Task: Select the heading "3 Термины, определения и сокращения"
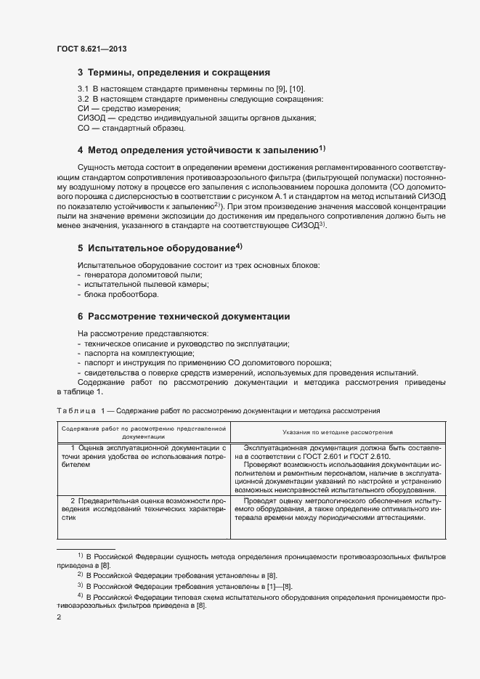click(x=174, y=73)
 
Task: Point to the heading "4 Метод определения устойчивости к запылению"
click(x=198, y=151)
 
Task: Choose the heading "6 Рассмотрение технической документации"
click(x=184, y=317)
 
